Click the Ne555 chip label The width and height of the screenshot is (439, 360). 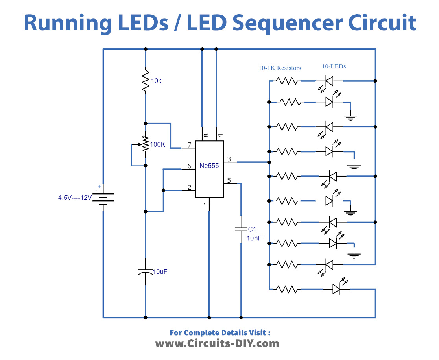click(x=209, y=166)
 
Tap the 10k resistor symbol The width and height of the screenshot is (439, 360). click(x=146, y=81)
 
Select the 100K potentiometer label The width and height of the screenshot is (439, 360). click(x=157, y=144)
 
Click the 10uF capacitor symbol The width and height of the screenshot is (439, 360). click(x=146, y=271)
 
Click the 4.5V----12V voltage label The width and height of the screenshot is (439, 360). click(x=75, y=198)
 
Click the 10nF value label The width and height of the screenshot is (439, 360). click(x=254, y=238)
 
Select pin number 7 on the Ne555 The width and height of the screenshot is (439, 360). click(x=190, y=145)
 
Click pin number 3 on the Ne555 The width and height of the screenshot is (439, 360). click(x=229, y=159)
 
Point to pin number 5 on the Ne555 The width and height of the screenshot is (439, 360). click(x=229, y=181)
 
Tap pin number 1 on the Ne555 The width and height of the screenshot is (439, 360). click(x=206, y=203)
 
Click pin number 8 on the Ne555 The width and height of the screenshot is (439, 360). click(x=206, y=135)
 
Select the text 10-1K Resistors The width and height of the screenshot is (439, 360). click(x=280, y=68)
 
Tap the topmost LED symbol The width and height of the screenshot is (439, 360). click(x=329, y=81)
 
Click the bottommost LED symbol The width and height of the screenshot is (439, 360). click(x=336, y=290)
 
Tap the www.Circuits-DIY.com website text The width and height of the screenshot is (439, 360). click(x=217, y=343)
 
